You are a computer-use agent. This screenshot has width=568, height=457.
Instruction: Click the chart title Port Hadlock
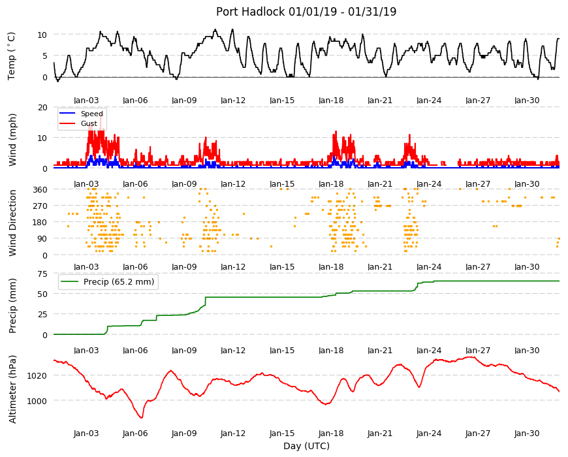(x=250, y=12)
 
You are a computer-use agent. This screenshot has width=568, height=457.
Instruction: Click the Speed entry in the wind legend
(x=91, y=114)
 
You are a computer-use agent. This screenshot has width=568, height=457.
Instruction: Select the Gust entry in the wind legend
(x=89, y=123)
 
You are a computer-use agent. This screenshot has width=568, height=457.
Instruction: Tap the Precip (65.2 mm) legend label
(x=119, y=282)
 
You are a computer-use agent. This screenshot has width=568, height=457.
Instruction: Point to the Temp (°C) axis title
(x=12, y=55)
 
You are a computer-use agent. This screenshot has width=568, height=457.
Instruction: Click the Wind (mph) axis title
(x=12, y=140)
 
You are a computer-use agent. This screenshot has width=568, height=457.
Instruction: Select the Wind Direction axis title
(x=12, y=223)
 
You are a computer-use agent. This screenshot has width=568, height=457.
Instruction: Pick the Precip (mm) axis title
(x=12, y=306)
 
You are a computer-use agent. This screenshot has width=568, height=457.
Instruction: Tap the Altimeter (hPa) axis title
(x=12, y=389)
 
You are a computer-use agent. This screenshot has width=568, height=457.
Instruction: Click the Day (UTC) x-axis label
(x=306, y=446)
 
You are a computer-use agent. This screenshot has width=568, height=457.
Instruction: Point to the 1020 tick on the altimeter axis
(x=37, y=375)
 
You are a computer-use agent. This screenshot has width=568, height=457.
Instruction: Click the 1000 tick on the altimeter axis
(x=37, y=401)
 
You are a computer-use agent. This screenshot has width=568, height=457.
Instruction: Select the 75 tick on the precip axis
(x=42, y=274)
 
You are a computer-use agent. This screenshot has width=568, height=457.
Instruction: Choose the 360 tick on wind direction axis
(x=40, y=189)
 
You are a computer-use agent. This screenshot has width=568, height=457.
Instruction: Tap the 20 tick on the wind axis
(x=42, y=107)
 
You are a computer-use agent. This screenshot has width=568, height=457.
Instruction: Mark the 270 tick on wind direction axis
(x=40, y=206)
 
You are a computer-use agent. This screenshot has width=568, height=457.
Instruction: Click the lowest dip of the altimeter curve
(x=142, y=418)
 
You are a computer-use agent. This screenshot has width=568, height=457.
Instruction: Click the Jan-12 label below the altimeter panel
(x=233, y=433)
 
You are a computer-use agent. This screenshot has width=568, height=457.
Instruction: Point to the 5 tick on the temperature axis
(x=45, y=55)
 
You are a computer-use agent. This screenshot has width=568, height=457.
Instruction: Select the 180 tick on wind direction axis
(x=40, y=223)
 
